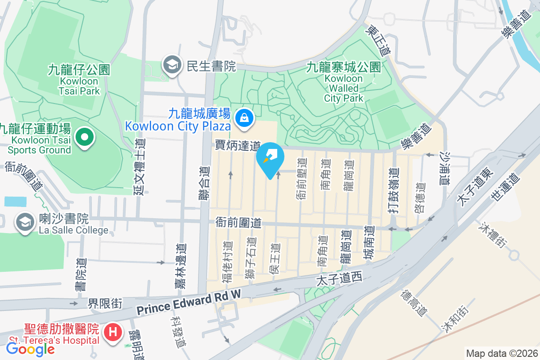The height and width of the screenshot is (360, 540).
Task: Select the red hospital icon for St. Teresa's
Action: (x=111, y=333)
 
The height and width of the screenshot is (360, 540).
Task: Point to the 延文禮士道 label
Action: (x=139, y=166)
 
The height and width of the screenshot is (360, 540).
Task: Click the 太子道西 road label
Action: (x=339, y=279)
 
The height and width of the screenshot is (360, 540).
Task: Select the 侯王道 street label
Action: (x=274, y=259)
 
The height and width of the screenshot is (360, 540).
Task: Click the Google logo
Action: (x=30, y=348)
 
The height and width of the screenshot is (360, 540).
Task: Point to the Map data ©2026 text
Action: (x=501, y=354)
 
